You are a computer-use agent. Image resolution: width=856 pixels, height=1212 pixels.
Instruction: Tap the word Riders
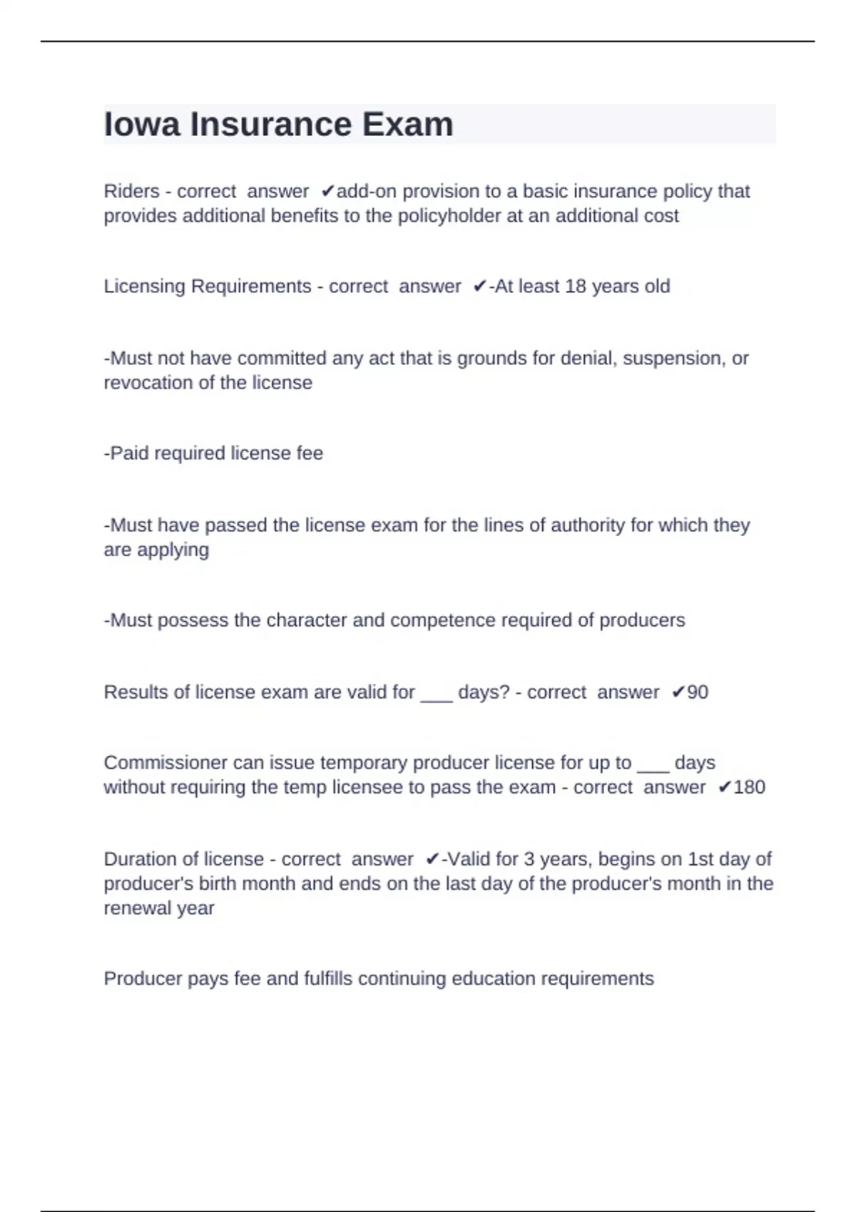coord(131,191)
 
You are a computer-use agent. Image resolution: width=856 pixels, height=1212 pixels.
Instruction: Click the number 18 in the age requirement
coord(576,286)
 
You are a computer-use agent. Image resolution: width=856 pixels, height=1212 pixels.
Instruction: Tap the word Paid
coord(129,453)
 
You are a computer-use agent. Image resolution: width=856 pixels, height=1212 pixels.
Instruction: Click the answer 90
coord(698,692)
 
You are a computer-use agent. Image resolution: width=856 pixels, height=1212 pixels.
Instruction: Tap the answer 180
coord(749,787)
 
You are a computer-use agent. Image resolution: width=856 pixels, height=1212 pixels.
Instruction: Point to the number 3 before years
coord(529,858)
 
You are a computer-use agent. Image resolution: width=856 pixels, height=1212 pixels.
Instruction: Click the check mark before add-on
coord(327,191)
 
